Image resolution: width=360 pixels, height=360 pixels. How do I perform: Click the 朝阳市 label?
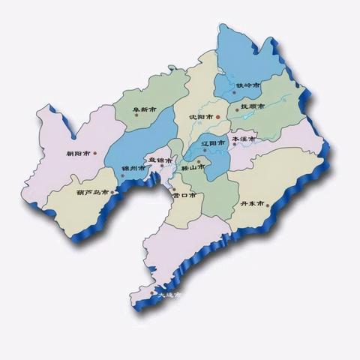pyautogui.click(x=78, y=154)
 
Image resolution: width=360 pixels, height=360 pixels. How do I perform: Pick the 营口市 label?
pyautogui.click(x=183, y=195)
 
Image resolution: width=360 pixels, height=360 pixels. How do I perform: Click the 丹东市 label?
pyautogui.click(x=252, y=204)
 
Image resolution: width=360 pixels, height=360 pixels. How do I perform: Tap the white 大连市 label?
pyautogui.click(x=169, y=295)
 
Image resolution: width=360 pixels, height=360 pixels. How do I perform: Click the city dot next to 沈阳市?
pyautogui.click(x=218, y=118)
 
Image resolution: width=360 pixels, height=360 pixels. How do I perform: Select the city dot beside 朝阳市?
pyautogui.click(x=94, y=154)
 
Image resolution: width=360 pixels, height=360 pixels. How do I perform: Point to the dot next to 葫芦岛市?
pyautogui.click(x=113, y=193)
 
